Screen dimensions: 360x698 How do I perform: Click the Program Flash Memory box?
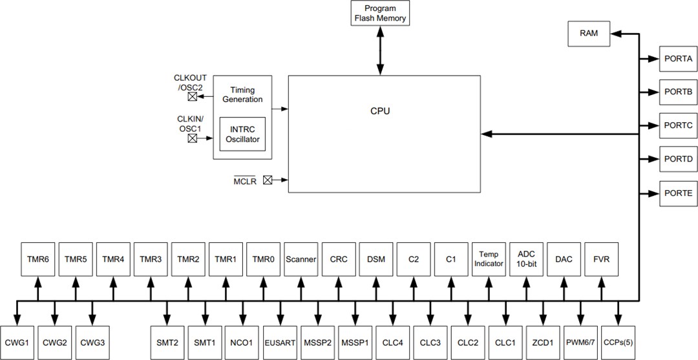pos(380,13)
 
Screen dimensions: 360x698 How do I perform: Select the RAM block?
pos(589,34)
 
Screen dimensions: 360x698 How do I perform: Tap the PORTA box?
pos(678,58)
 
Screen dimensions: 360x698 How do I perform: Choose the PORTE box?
pos(678,193)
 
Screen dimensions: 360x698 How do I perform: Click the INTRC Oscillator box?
pos(242,134)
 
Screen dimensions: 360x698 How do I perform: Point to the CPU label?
pos(380,111)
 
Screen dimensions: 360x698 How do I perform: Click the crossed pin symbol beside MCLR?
pos(268,181)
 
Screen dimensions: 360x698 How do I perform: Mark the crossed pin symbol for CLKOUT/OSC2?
pos(192,97)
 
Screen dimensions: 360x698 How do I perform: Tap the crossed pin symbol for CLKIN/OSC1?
pos(192,138)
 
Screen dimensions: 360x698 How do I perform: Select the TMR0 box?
pos(263,259)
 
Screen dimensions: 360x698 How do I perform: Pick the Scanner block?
pos(301,259)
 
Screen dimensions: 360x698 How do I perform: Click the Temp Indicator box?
pos(488,259)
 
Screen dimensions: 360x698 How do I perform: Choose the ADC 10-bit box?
pos(526,259)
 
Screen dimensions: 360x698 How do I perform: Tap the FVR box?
pos(601,259)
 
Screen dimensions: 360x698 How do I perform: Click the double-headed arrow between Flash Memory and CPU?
pos(380,50)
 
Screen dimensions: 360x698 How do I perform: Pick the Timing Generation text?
pos(242,94)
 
